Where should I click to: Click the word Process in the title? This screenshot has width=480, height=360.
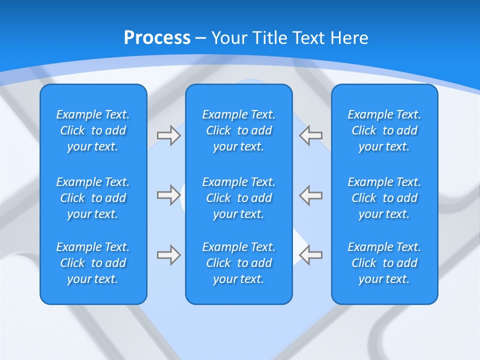coord(157,38)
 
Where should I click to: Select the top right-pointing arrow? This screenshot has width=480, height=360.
coord(168,135)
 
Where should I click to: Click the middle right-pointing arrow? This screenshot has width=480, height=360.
coord(168,195)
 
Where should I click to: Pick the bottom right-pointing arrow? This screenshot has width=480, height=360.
coord(168,255)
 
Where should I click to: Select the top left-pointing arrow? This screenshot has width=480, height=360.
coord(311,135)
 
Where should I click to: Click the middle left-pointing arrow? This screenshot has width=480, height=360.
coord(311,195)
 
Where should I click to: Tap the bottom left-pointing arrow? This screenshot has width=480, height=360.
coord(311,255)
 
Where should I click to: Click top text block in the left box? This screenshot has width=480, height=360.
coord(93,130)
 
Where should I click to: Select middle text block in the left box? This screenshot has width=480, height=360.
coord(93,198)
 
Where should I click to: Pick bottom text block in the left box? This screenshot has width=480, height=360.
coord(93,263)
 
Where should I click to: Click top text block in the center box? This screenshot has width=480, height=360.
coord(239,130)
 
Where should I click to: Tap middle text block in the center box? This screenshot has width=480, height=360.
coord(239,198)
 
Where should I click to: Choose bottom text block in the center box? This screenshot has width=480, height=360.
coord(239,263)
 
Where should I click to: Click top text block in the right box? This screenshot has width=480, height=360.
coord(384,130)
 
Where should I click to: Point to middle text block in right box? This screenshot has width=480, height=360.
coord(384,198)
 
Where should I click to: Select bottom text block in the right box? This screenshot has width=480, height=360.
coord(384,263)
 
